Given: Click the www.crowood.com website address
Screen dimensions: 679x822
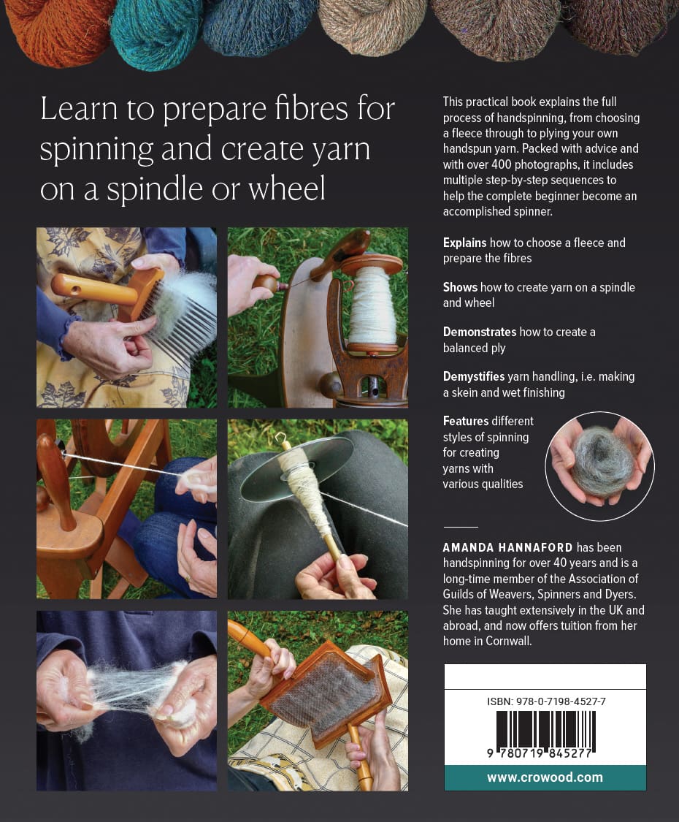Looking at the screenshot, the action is (545, 777).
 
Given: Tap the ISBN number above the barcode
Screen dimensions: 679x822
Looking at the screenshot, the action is (546, 701).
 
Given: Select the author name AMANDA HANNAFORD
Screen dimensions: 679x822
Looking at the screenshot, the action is (507, 547).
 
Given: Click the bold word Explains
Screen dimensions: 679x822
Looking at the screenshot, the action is (465, 243).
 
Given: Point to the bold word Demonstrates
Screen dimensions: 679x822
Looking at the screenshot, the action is (480, 332).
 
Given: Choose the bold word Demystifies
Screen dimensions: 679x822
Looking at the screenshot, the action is (474, 376).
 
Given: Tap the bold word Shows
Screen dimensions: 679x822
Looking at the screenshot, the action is (460, 287).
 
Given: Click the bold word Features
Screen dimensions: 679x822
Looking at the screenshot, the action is (465, 421).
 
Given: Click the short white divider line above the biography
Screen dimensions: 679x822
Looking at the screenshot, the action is (461, 527).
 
